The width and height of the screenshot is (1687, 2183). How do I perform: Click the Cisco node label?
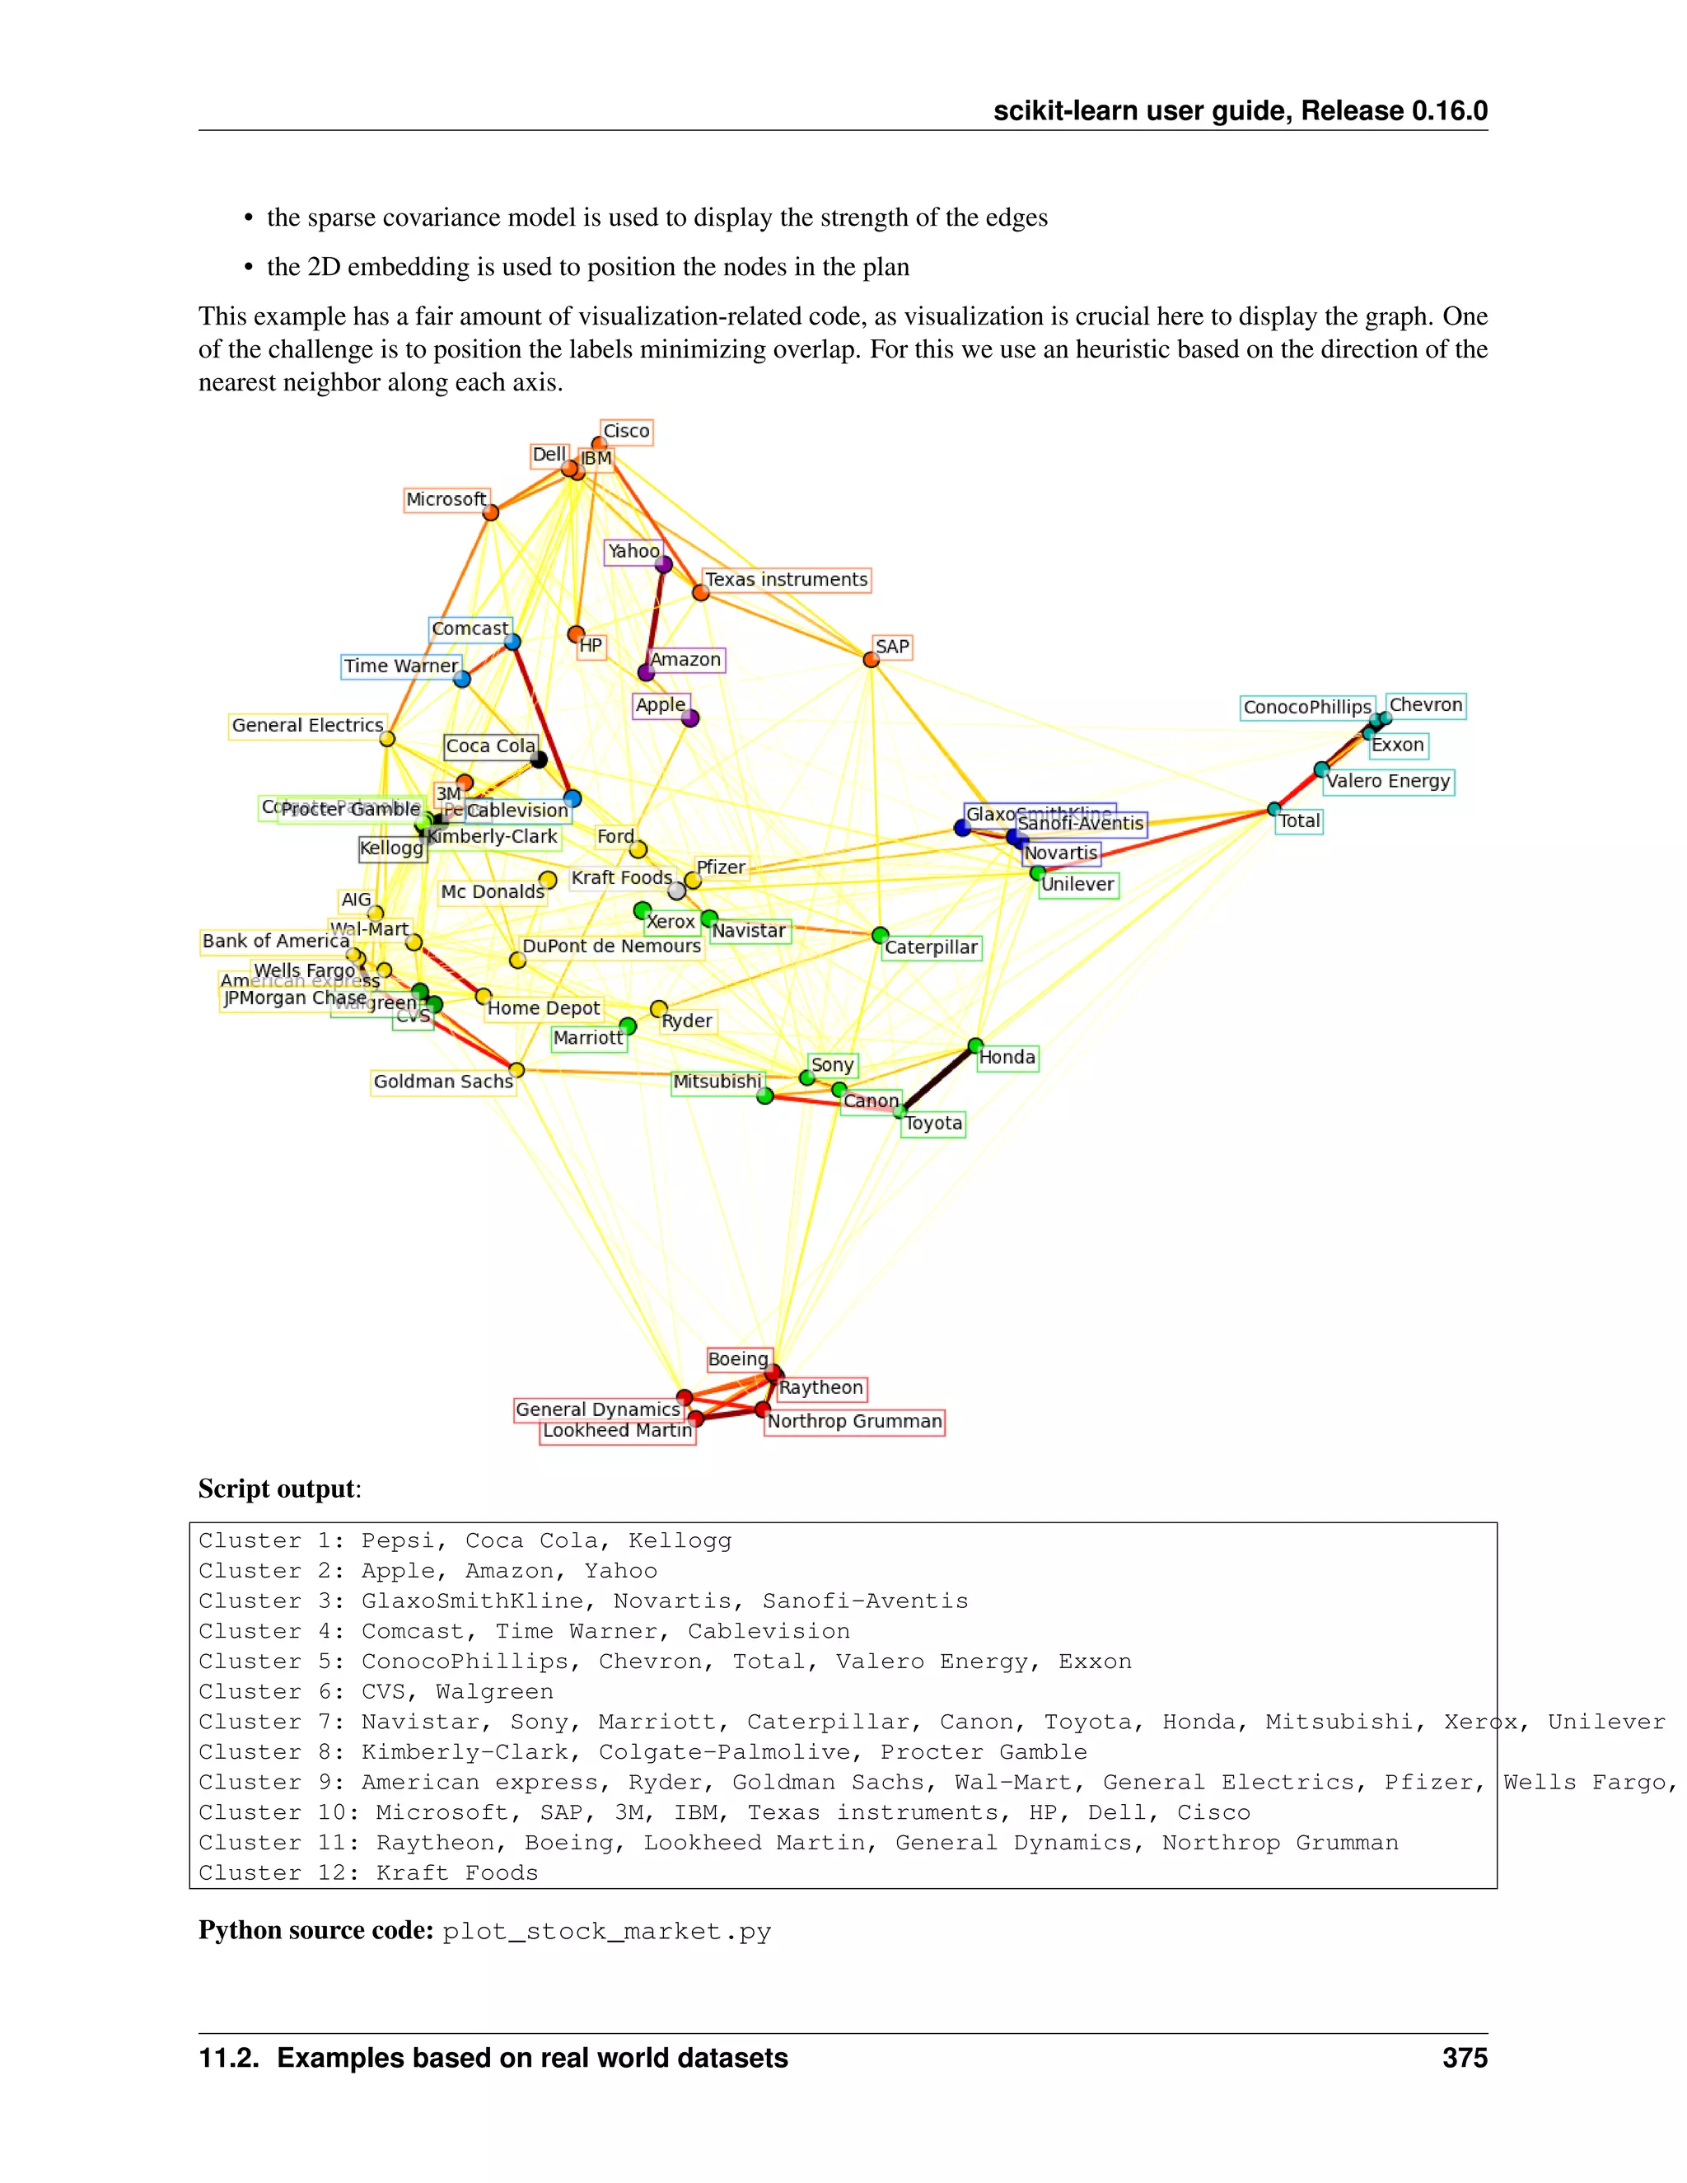[626, 432]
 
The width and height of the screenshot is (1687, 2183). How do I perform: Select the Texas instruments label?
[787, 580]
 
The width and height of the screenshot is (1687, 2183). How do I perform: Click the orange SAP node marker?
[871, 660]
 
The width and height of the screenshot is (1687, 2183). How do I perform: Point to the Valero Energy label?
[1387, 782]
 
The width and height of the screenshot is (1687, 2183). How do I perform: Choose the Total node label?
[1299, 821]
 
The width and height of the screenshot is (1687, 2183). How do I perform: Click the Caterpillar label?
[931, 947]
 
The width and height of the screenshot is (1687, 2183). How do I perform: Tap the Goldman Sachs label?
[442, 1082]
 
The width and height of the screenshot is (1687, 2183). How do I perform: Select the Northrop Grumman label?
[854, 1421]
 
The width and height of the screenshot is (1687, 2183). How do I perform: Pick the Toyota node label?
[933, 1124]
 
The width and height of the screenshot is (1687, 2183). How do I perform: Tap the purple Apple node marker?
[689, 718]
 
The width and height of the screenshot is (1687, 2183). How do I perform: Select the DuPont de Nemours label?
[612, 947]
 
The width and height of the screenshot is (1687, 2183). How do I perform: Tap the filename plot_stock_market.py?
[606, 1931]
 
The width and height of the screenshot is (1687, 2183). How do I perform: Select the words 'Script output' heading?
[276, 1489]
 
